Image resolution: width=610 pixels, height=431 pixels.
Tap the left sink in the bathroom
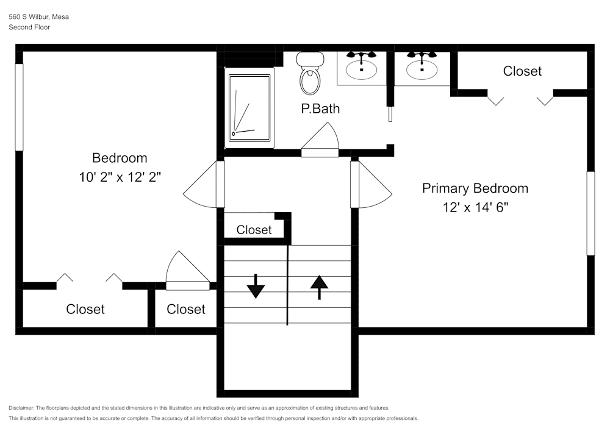[x=361, y=67]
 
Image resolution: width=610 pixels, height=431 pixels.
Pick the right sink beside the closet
[x=422, y=67]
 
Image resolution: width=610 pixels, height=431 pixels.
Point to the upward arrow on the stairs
[x=319, y=287]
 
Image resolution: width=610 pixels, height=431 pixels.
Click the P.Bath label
[x=320, y=109]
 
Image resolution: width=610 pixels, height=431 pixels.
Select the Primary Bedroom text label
[x=475, y=188]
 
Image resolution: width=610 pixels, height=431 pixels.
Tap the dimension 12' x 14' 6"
[x=475, y=207]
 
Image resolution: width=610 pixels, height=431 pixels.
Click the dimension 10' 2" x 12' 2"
[x=120, y=177]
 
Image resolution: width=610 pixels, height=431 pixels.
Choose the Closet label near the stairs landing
[x=254, y=230]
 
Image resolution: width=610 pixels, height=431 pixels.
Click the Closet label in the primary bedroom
[x=522, y=71]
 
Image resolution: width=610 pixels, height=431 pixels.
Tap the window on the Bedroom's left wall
[x=19, y=107]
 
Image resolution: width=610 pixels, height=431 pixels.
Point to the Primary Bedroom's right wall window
[x=590, y=213]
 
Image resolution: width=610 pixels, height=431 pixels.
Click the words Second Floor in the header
[x=29, y=27]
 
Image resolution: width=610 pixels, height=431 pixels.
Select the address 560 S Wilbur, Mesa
[x=38, y=17]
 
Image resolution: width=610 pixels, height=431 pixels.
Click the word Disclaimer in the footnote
[x=21, y=408]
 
